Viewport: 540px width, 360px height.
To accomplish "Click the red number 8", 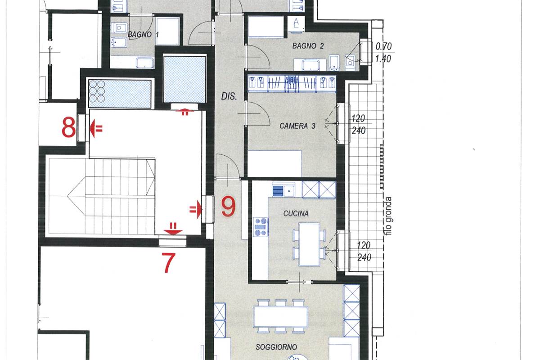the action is pyautogui.click(x=69, y=127).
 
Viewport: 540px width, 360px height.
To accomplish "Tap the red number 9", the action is pyautogui.click(x=228, y=206).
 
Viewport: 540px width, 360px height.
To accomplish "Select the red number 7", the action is pyautogui.click(x=168, y=263).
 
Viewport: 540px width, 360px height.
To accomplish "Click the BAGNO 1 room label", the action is pyautogui.click(x=143, y=35).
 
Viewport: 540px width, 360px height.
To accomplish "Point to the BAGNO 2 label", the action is pyautogui.click(x=308, y=46).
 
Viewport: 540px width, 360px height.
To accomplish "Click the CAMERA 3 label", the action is pyautogui.click(x=297, y=126).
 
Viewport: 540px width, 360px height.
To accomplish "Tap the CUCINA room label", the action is pyautogui.click(x=296, y=213).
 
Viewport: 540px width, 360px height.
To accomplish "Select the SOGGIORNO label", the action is pyautogui.click(x=276, y=347).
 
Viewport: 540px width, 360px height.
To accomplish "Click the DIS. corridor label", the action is pyautogui.click(x=229, y=97).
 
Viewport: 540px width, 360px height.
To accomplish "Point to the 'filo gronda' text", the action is pyautogui.click(x=388, y=216).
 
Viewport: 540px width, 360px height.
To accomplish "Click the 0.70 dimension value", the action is pyautogui.click(x=383, y=46).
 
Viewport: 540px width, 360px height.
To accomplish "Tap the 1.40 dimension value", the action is pyautogui.click(x=383, y=58).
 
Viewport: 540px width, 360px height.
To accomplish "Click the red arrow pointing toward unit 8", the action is pyautogui.click(x=96, y=129).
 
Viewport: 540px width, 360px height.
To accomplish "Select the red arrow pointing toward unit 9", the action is pyautogui.click(x=195, y=209).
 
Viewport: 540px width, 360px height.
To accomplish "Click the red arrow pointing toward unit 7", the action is pyautogui.click(x=173, y=229).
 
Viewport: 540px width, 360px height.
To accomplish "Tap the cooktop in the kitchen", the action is pyautogui.click(x=261, y=227).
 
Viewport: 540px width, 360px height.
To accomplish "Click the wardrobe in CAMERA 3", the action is pyautogui.click(x=292, y=83).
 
